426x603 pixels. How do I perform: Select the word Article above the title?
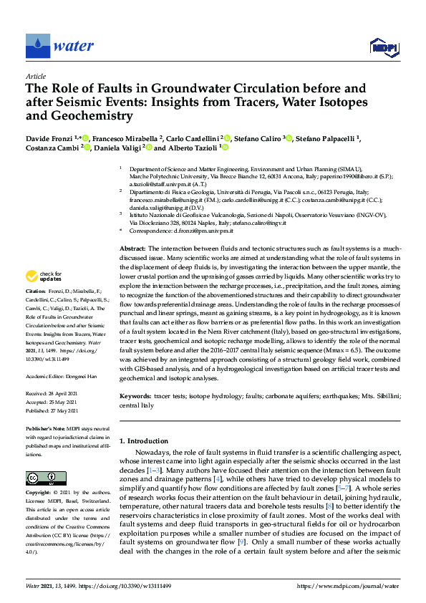(35, 76)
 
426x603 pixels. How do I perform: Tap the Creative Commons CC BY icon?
(41, 478)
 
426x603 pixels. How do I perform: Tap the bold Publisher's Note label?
(47, 428)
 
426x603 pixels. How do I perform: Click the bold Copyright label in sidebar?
(39, 493)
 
